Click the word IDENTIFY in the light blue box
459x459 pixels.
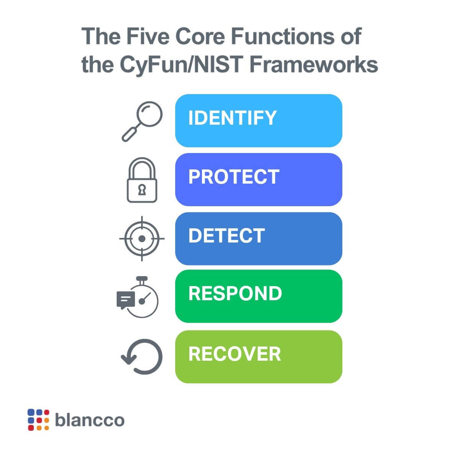[232, 118]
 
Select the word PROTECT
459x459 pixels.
[234, 177]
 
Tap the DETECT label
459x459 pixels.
[226, 236]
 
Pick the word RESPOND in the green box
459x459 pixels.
[235, 294]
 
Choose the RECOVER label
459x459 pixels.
[234, 354]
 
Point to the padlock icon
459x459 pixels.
[142, 180]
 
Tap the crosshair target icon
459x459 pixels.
[142, 239]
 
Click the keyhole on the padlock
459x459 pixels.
[142, 190]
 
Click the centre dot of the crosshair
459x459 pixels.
[142, 239]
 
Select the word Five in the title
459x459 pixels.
[149, 37]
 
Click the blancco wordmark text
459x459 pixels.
[90, 420]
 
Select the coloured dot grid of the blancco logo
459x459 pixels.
[38, 420]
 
